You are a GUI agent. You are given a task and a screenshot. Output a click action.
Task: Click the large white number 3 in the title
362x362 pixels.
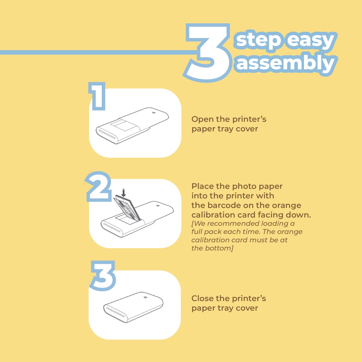coord(208,53)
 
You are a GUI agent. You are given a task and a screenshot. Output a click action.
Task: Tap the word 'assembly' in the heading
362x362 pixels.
coord(286,63)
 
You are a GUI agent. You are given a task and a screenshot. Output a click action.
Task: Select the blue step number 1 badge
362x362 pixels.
coord(97,96)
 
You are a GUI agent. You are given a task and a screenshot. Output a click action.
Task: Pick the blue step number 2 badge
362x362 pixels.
coord(99,187)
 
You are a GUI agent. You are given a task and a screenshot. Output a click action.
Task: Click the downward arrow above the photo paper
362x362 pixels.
coord(124,193)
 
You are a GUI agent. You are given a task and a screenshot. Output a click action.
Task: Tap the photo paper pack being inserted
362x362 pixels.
coord(127,208)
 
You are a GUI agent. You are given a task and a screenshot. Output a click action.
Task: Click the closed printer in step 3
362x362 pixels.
coord(133,307)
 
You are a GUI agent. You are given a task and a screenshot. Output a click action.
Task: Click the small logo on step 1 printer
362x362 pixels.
coord(153,113)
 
